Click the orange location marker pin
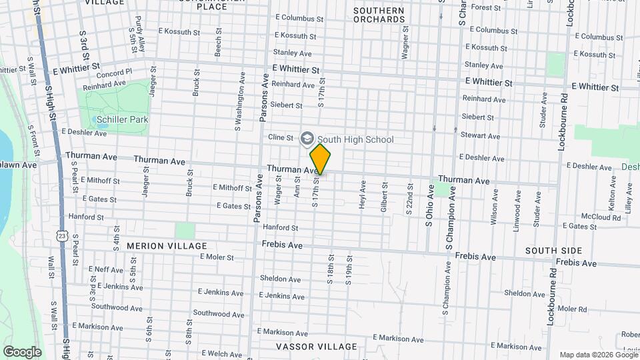(x=321, y=159)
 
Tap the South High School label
(x=355, y=139)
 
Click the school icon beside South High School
(x=307, y=138)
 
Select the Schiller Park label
(x=122, y=120)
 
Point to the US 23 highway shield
(x=62, y=236)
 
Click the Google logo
(x=22, y=352)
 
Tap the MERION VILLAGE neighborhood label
(x=167, y=246)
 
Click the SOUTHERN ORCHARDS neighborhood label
(x=379, y=15)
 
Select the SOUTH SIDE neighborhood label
(x=553, y=251)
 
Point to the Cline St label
(x=281, y=137)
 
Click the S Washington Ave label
(x=237, y=107)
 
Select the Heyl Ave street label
(x=363, y=195)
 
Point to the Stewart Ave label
(x=480, y=135)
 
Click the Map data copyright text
(x=598, y=355)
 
